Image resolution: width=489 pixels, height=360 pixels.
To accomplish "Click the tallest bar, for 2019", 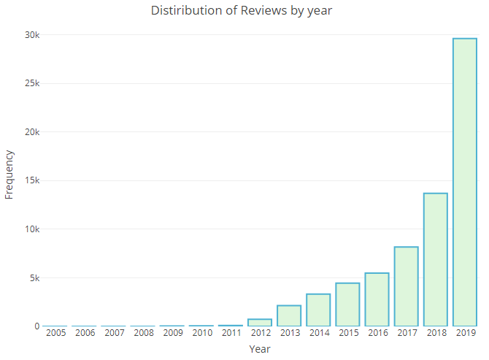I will pyautogui.click(x=465, y=183).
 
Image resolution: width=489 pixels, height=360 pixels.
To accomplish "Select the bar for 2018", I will pyautogui.click(x=436, y=260).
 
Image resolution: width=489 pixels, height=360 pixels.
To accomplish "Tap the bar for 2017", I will pyautogui.click(x=407, y=286).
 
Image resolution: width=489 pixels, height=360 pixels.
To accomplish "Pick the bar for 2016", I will pyautogui.click(x=377, y=299).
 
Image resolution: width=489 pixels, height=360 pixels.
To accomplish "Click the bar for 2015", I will pyautogui.click(x=347, y=305).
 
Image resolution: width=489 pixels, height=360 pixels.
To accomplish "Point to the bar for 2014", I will pyautogui.click(x=318, y=310).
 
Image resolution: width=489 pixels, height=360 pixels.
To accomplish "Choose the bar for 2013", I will pyautogui.click(x=289, y=315).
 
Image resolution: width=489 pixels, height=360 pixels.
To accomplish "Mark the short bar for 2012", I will pyautogui.click(x=260, y=322).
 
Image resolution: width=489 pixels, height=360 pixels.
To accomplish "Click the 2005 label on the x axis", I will pyautogui.click(x=55, y=333).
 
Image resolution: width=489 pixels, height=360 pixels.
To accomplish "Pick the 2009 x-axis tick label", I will pyautogui.click(x=172, y=333).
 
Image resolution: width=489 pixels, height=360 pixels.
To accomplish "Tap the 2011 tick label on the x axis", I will pyautogui.click(x=231, y=333).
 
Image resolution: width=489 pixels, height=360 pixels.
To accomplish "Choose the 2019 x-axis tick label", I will pyautogui.click(x=465, y=333).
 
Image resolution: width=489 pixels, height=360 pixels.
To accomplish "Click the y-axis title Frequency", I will pyautogui.click(x=9, y=175).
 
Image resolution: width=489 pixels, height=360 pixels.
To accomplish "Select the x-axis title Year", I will pyautogui.click(x=260, y=349).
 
